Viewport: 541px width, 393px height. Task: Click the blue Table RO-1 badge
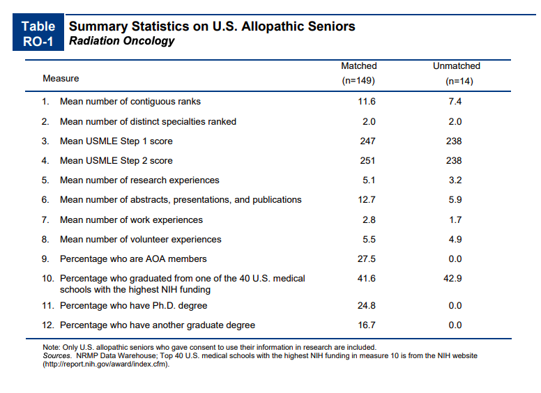(38, 32)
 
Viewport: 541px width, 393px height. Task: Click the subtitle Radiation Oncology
(122, 40)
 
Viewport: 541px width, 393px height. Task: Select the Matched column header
(358, 73)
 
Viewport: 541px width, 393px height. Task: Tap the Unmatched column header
(457, 73)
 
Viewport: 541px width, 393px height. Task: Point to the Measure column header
(61, 79)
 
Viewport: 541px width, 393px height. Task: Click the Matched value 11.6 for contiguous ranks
(367, 102)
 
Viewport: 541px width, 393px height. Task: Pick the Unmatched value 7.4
(455, 102)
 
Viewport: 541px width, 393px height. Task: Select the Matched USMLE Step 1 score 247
(367, 141)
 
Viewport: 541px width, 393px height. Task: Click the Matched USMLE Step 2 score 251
(367, 161)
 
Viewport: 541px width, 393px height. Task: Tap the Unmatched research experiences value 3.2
(455, 180)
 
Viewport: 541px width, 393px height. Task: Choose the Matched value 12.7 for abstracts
(367, 200)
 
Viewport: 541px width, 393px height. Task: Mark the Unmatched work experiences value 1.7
(455, 220)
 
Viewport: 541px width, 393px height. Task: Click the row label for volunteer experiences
(140, 240)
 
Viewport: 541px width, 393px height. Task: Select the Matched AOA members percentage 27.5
(367, 259)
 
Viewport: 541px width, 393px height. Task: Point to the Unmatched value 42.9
(452, 279)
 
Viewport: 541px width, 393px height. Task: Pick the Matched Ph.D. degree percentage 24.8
(367, 306)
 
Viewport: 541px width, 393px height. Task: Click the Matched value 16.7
(367, 325)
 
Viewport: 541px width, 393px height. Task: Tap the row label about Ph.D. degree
(134, 306)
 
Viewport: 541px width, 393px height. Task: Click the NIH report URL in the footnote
(106, 364)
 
